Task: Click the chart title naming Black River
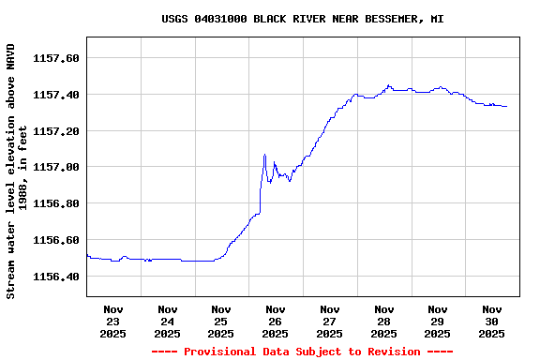coord(303,19)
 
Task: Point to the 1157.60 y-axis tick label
coord(55,58)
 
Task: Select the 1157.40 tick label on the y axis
coord(55,95)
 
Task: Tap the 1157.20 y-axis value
coord(55,131)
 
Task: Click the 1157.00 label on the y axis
coord(55,168)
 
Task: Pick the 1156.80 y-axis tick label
coord(55,203)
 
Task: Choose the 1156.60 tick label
coord(55,240)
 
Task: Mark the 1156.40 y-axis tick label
coord(55,277)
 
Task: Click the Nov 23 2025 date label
coord(113,321)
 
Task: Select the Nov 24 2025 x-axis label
coord(168,321)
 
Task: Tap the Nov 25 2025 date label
coord(221,321)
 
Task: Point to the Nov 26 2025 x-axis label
coord(276,321)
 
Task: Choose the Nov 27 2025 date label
coord(330,321)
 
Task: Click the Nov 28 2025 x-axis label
coord(383,321)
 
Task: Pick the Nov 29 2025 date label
coord(438,321)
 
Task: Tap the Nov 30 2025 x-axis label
coord(491,321)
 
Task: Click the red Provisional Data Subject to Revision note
coord(302,352)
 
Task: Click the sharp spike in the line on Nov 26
coord(265,155)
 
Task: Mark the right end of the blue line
coord(506,106)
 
